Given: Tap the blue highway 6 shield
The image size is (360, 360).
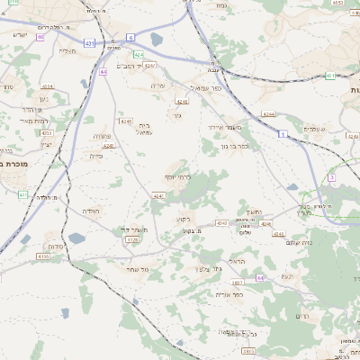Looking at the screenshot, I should tap(130, 37).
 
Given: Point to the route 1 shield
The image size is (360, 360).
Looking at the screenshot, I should tap(282, 133).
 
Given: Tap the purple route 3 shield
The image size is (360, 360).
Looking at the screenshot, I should tap(331, 178).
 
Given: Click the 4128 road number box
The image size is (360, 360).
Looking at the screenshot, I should tap(132, 239).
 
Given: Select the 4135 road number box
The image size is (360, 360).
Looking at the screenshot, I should tap(42, 256).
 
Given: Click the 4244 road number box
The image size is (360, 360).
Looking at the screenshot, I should tap(268, 114).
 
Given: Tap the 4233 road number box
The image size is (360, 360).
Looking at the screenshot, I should tap(47, 132).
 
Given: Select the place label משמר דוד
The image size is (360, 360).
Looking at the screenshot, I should tap(132, 230).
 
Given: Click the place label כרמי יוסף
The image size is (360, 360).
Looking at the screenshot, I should tap(179, 176).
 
